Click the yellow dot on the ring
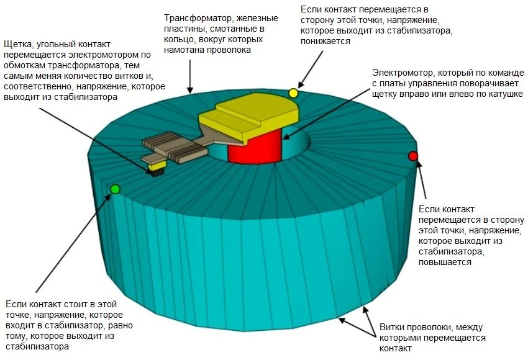point(293,93)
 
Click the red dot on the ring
point(413,156)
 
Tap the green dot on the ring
point(114,189)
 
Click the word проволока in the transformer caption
point(227,49)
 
